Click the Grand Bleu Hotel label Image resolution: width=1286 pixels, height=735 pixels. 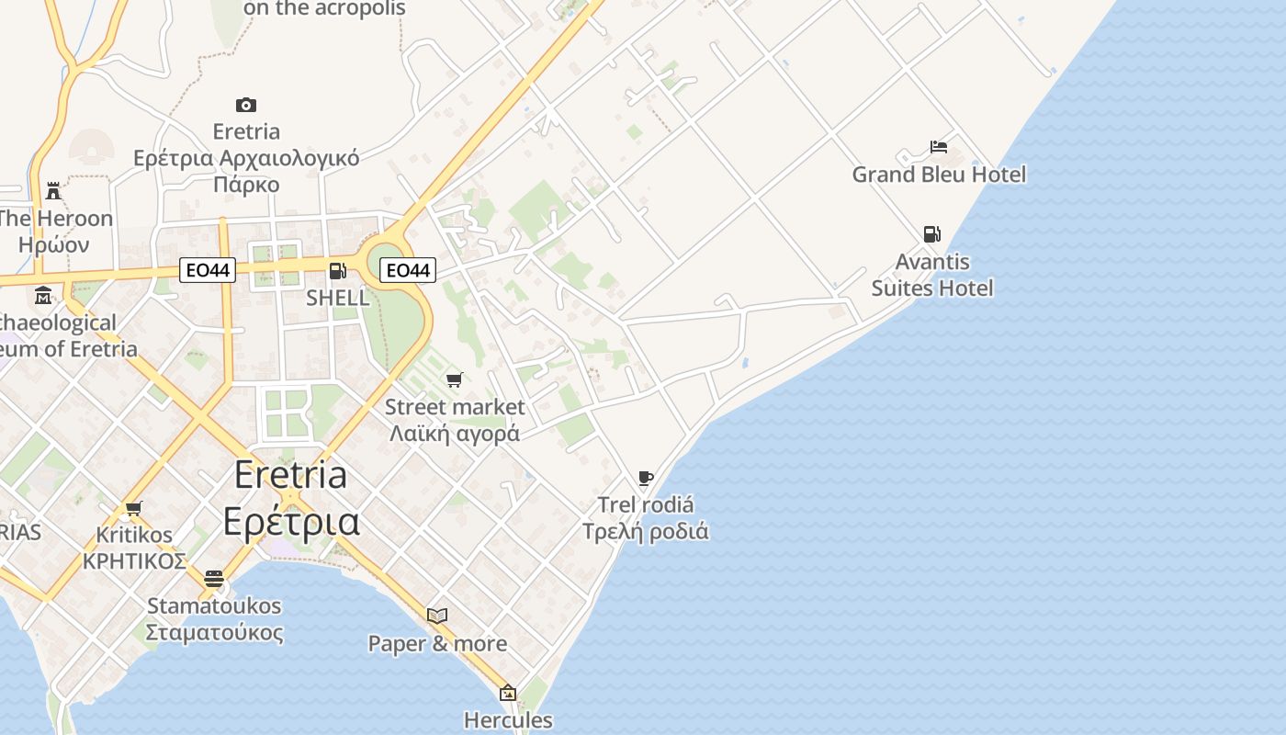(939, 175)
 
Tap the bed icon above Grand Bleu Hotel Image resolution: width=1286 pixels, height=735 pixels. (938, 147)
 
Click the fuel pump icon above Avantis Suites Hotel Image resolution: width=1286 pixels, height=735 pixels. (931, 234)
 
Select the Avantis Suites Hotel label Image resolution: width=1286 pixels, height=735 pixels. (932, 276)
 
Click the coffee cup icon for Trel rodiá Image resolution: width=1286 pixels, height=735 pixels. (645, 478)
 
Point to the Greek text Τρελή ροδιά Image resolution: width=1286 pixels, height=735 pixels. (646, 531)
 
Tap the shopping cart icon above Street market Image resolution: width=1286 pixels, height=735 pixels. (454, 379)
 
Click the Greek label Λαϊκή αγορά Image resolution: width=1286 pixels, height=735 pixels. (455, 433)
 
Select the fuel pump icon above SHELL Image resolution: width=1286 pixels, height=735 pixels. (337, 271)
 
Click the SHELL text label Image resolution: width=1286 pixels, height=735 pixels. (337, 298)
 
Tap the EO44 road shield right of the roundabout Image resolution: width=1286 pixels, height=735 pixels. (407, 270)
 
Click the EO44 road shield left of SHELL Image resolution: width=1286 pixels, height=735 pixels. (207, 270)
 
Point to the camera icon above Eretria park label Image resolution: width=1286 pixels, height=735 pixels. (245, 105)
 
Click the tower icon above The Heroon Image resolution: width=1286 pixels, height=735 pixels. (53, 191)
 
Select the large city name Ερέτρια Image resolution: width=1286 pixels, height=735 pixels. (291, 521)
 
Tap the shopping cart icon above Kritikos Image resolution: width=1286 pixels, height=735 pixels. (134, 508)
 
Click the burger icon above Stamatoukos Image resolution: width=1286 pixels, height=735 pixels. (214, 578)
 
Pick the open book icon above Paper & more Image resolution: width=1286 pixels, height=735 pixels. (437, 616)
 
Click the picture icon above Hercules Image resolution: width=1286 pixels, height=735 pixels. (507, 693)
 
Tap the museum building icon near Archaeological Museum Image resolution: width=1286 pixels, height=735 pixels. (43, 296)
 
